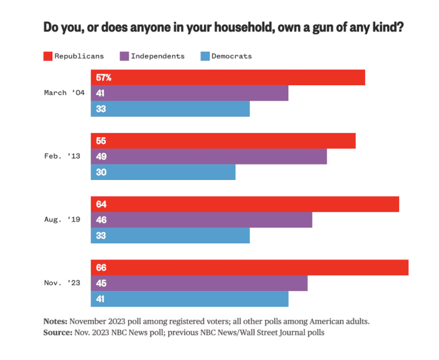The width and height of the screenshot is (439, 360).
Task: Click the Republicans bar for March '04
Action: coord(228,77)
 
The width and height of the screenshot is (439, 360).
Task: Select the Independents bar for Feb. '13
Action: coord(209,156)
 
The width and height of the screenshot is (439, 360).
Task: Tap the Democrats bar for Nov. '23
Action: coord(189,299)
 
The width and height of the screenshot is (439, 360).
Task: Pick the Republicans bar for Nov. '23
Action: coord(250,267)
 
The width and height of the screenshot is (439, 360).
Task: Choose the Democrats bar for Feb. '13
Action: coord(163,172)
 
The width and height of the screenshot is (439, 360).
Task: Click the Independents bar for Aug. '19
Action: coord(201,220)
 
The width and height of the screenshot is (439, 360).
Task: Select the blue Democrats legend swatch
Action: coord(205,56)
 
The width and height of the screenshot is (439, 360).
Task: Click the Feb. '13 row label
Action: coord(62,156)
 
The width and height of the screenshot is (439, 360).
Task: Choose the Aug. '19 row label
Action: coord(62,220)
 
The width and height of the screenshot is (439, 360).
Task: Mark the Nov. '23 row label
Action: coord(62,283)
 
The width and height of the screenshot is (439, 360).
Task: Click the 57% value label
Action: coord(103,77)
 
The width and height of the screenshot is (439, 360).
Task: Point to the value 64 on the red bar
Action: coord(101,204)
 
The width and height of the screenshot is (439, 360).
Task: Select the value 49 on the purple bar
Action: coord(101,156)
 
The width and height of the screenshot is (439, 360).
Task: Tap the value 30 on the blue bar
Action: coord(101,172)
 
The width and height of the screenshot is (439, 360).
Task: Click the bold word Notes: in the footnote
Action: coord(55,321)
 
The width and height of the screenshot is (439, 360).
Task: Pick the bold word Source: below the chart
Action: coord(57,333)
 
